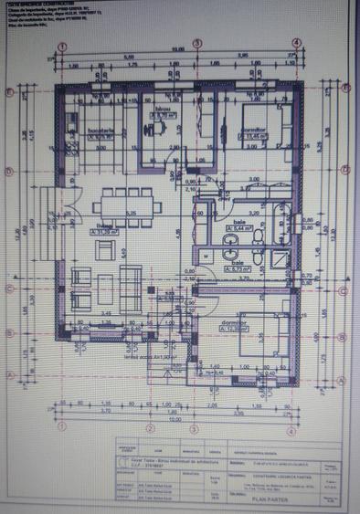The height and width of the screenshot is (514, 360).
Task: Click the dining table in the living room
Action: point(125,200)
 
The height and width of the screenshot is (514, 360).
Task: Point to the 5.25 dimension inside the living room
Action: point(131,214)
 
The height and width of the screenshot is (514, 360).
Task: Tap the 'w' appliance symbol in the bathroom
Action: point(206,257)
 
